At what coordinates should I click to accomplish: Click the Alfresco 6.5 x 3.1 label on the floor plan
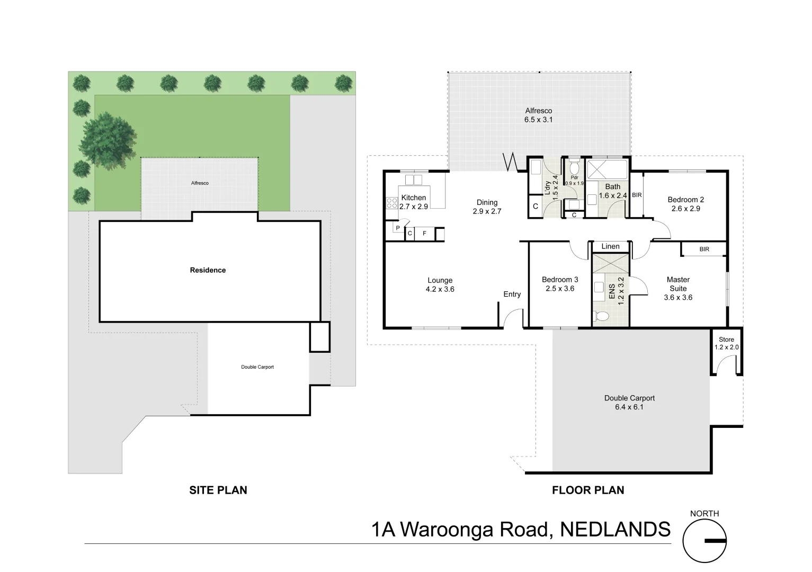pyautogui.click(x=538, y=115)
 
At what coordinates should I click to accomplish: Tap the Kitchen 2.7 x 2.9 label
pyautogui.click(x=414, y=202)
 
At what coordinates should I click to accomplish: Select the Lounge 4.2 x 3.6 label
pyautogui.click(x=440, y=285)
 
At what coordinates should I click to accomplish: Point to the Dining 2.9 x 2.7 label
pyautogui.click(x=487, y=207)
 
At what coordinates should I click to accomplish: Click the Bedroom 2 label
pyautogui.click(x=685, y=204)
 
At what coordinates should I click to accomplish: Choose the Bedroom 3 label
pyautogui.click(x=560, y=284)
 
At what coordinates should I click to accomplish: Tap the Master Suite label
pyautogui.click(x=678, y=288)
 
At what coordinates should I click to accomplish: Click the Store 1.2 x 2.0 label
pyautogui.click(x=726, y=344)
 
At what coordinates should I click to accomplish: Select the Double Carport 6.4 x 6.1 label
pyautogui.click(x=629, y=403)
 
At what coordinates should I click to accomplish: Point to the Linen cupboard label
pyautogui.click(x=610, y=246)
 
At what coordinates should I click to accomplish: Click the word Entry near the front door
pyautogui.click(x=512, y=294)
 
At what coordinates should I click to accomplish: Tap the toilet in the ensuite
pyautogui.click(x=602, y=316)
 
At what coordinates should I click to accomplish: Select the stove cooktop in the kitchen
pyautogui.click(x=392, y=202)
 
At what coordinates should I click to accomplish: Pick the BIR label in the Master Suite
pyautogui.click(x=704, y=249)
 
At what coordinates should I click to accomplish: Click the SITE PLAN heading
pyautogui.click(x=218, y=490)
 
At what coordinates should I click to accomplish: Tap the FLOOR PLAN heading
pyautogui.click(x=588, y=490)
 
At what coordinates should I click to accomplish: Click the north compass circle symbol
pyautogui.click(x=704, y=541)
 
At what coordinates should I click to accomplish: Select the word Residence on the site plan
pyautogui.click(x=208, y=270)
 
